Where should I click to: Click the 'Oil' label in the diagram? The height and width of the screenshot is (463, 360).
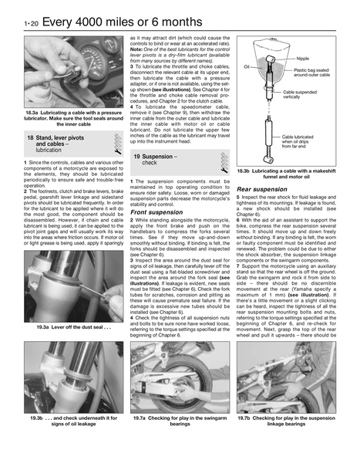point(247,67)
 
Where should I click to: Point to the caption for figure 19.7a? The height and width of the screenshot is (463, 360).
point(180,421)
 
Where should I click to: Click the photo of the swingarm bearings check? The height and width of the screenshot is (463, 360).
point(180,377)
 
